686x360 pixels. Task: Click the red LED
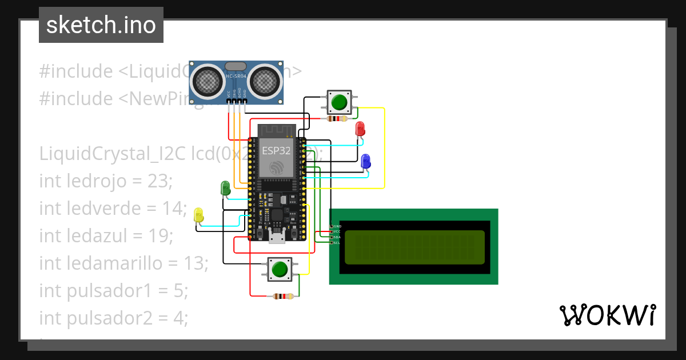coord(360,129)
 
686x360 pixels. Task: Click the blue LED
coord(366,161)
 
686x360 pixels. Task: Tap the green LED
coord(225,187)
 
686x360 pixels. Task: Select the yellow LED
coord(198,215)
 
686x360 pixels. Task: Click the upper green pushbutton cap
coord(340,102)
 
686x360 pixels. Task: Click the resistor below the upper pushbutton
coord(337,119)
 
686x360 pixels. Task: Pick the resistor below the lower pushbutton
coord(284,296)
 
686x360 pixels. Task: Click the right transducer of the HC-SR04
coord(264,80)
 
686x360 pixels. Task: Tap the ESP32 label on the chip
coord(277,150)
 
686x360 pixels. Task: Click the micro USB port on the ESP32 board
coord(277,237)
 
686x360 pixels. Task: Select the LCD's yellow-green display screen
coord(415,247)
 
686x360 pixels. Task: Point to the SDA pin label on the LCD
coord(337,237)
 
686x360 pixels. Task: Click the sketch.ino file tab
coord(101,25)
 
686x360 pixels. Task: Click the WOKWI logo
coord(607,315)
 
